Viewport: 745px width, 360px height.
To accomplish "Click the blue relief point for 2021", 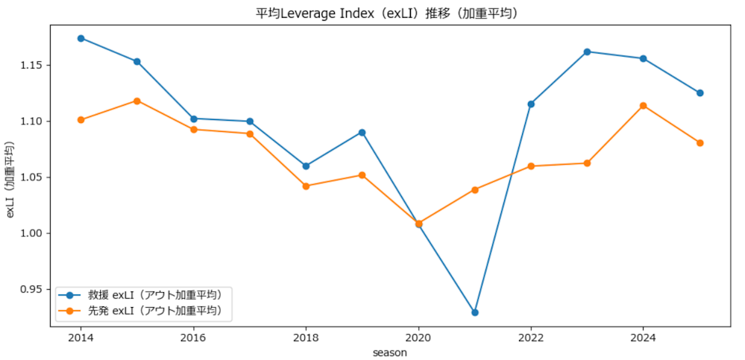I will click(x=474, y=312).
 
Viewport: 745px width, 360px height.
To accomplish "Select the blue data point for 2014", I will click(x=81, y=38).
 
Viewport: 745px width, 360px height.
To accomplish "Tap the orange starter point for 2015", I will click(x=137, y=101).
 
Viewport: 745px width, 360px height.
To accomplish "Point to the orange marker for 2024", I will click(x=644, y=106).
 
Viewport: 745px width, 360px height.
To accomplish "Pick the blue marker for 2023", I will click(x=587, y=51).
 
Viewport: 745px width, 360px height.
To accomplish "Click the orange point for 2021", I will click(x=474, y=189).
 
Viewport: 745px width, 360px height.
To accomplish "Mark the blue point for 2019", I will click(x=362, y=133).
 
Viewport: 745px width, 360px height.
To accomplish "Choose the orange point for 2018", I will click(x=306, y=186).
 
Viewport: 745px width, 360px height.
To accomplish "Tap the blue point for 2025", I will click(x=700, y=93).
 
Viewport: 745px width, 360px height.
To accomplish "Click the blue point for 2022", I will click(x=531, y=104).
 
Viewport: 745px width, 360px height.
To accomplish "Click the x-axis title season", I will click(x=390, y=353).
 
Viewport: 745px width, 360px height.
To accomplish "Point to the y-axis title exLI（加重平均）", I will click(x=10, y=180).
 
